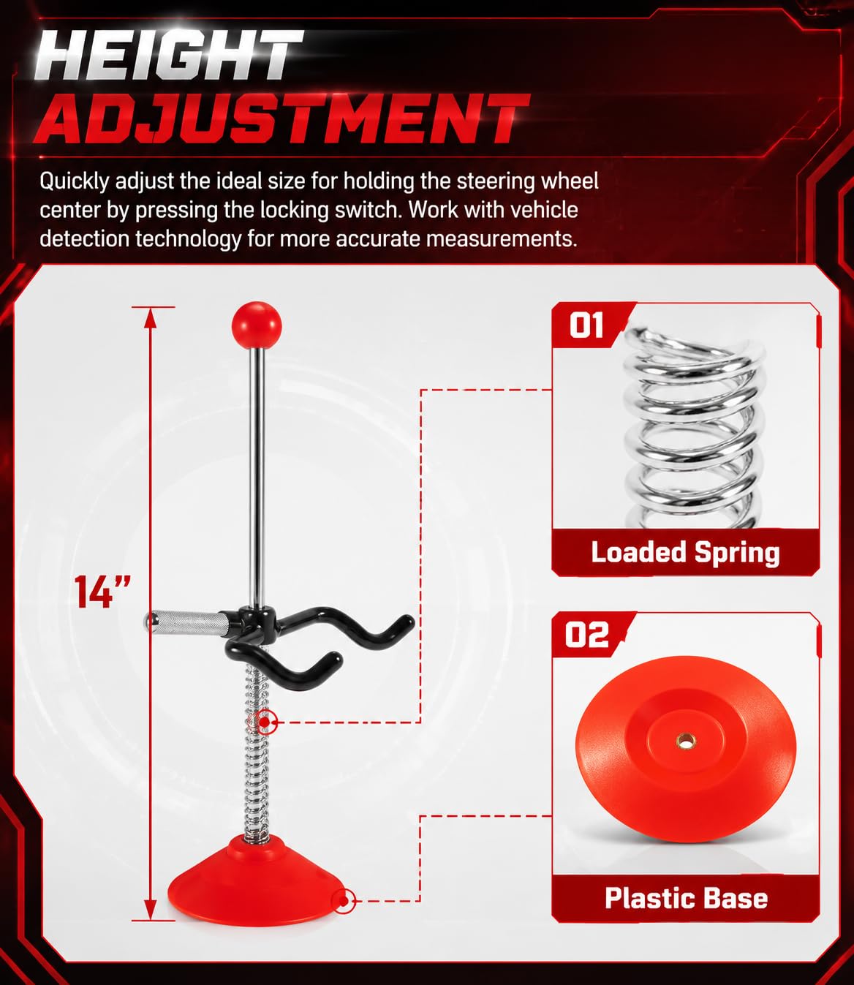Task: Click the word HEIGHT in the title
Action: tap(169, 56)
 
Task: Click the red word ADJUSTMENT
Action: tap(281, 119)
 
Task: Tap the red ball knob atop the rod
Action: tap(257, 325)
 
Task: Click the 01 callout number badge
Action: tap(586, 325)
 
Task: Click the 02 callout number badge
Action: tap(586, 634)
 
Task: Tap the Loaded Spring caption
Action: tap(685, 553)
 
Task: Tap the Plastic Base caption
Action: tap(687, 898)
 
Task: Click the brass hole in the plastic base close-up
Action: tap(685, 741)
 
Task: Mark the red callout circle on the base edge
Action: tap(344, 902)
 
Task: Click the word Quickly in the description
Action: tap(75, 182)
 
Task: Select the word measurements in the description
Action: tap(502, 238)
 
